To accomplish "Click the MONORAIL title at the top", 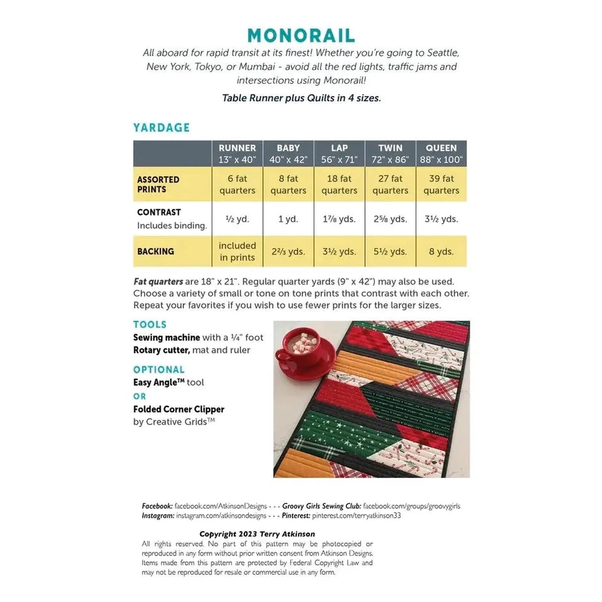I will [301, 36].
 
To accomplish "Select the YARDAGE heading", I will [161, 128].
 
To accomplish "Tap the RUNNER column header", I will [237, 154].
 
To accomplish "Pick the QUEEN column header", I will [441, 154].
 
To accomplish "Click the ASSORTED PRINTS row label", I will [158, 184].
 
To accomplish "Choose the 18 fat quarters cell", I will [339, 184].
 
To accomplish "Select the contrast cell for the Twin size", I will [390, 219].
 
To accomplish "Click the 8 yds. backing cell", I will [441, 252].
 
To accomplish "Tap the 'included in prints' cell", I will [237, 252].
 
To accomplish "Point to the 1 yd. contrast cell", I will [288, 219].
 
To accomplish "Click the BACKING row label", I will [156, 252].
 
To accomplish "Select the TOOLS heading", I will [150, 325].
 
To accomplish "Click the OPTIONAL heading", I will [159, 370].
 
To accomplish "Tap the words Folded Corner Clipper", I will [178, 409].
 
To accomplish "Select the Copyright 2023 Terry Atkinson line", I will [257, 534].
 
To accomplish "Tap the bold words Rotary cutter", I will [161, 350].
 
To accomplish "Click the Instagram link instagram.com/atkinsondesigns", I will [221, 516].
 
